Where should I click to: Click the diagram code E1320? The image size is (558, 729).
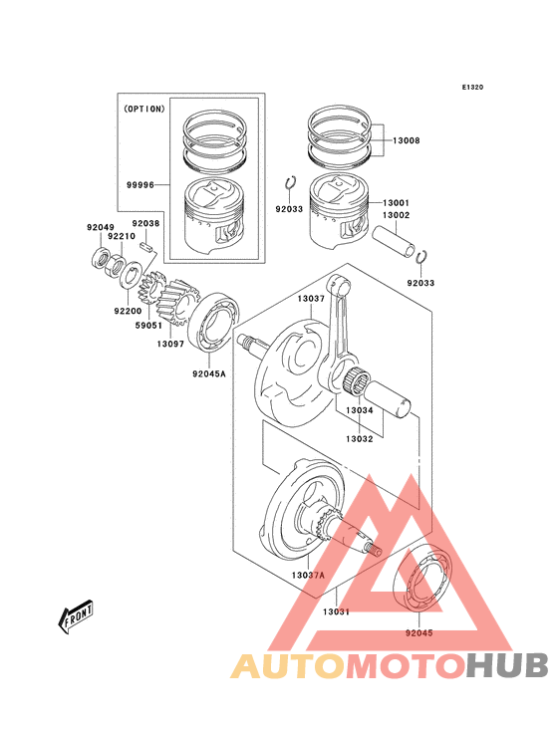[471, 88]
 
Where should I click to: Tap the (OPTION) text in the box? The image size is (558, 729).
[143, 110]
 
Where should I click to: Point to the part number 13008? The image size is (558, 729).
[406, 140]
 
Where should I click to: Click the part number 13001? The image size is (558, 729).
[396, 202]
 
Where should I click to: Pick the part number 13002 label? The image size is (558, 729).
[396, 215]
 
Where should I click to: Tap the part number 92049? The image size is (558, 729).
[101, 228]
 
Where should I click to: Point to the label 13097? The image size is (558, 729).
[169, 344]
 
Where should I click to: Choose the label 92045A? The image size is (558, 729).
[209, 374]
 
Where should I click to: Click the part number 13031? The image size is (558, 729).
[337, 611]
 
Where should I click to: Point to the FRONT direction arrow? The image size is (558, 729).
[76, 617]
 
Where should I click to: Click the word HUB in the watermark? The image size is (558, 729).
[508, 666]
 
